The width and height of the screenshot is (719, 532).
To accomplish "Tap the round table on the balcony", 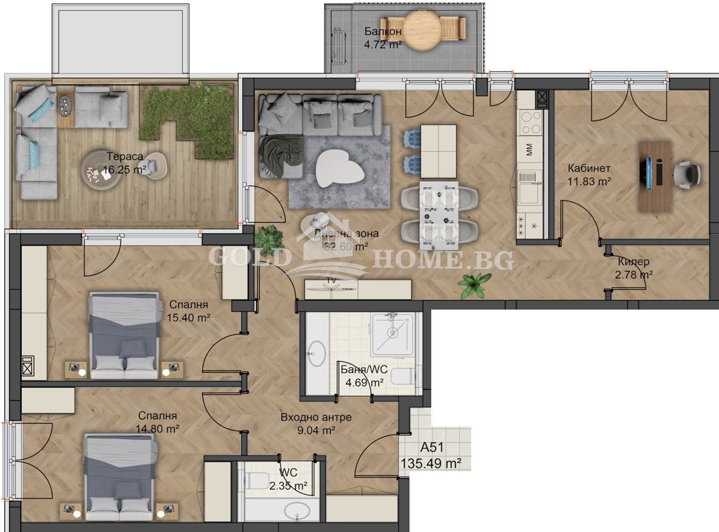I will tap(424, 30).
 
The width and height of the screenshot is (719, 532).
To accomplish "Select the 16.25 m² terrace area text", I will tap(124, 170).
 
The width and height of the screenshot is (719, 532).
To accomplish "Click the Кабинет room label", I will tap(589, 169).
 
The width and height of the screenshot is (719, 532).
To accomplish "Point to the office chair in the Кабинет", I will tap(687, 173).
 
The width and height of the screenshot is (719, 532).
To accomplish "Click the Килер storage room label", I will tap(633, 262).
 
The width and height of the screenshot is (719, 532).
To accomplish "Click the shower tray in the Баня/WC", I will tap(392, 334).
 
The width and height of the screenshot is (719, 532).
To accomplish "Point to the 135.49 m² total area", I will tap(431, 463).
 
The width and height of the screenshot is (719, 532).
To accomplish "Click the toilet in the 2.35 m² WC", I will tap(257, 480).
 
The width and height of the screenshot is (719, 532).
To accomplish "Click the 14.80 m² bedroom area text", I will tap(157, 428).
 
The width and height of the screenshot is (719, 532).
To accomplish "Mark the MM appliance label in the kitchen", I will tap(529, 149).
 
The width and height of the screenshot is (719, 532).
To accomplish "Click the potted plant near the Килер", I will tap(474, 285).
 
